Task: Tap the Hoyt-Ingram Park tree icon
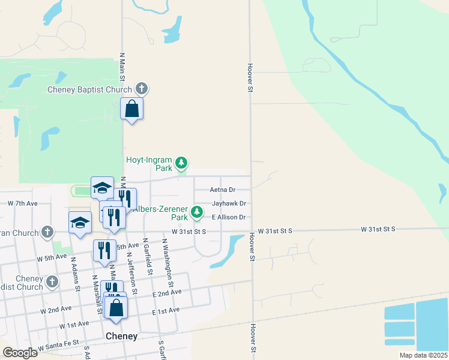[181, 163]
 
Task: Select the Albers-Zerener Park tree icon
[197, 211]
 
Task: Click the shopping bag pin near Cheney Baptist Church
[132, 110]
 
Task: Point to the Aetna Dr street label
[222, 190]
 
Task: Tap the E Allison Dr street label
[228, 217]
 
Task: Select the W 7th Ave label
[23, 204]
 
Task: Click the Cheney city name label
[121, 336]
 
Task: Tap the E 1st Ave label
[166, 311]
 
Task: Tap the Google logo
[20, 353]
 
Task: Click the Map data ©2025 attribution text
[423, 355]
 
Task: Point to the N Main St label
[122, 67]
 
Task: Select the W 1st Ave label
[74, 324]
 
